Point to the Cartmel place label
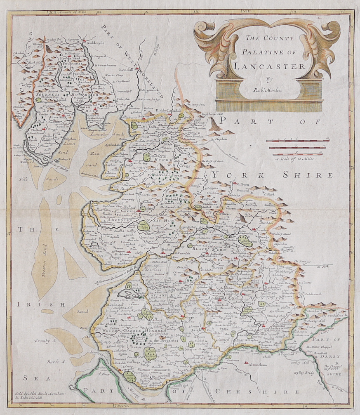(100, 110)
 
